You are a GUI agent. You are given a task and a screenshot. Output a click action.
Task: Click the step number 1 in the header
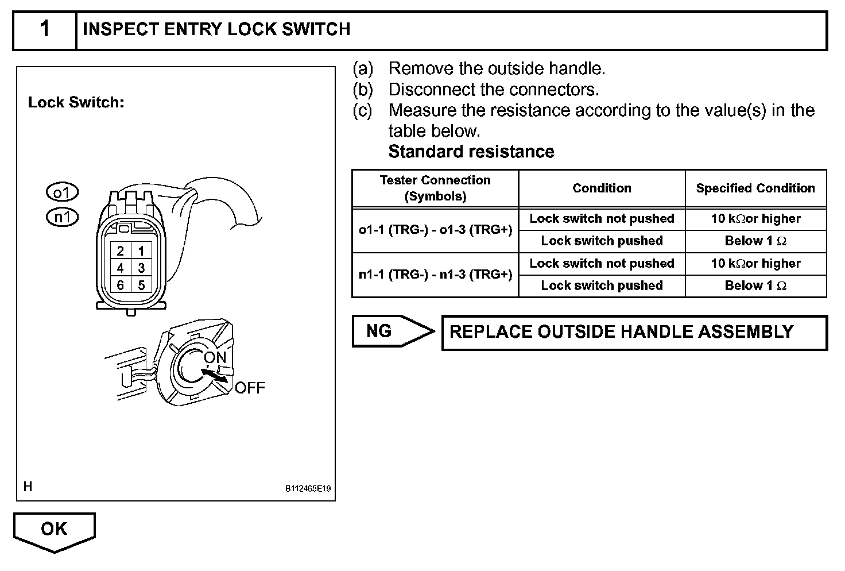tap(44, 30)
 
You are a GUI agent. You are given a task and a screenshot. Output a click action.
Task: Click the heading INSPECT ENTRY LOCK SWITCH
tap(216, 30)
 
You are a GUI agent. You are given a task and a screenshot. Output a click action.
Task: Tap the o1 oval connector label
tap(61, 192)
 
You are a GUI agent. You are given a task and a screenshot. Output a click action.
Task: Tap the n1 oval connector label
tap(61, 217)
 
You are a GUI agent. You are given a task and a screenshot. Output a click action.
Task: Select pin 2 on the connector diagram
tap(121, 251)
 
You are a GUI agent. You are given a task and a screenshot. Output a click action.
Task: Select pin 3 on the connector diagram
tap(141, 268)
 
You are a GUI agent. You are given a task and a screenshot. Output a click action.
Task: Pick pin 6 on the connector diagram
tap(121, 285)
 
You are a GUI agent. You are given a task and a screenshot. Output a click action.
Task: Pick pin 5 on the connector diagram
tap(141, 285)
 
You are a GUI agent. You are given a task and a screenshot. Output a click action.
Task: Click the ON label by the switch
tap(215, 357)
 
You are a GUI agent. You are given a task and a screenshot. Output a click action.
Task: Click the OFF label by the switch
tap(250, 388)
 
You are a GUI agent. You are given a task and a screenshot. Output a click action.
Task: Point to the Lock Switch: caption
tap(76, 103)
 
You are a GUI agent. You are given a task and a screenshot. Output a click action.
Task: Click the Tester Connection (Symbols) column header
tap(435, 188)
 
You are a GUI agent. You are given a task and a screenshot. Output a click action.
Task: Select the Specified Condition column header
tap(755, 188)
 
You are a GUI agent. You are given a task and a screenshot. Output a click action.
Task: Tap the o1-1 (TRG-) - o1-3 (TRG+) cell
tap(435, 230)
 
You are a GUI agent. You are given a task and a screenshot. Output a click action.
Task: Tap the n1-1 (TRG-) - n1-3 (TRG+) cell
tap(435, 275)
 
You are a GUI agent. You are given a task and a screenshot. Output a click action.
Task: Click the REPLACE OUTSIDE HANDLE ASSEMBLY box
tap(634, 332)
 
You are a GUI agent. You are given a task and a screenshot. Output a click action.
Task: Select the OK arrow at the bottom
tap(54, 530)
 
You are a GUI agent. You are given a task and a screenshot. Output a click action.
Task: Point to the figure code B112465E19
tap(308, 489)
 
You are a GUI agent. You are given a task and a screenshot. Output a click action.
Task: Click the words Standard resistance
tap(471, 152)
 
